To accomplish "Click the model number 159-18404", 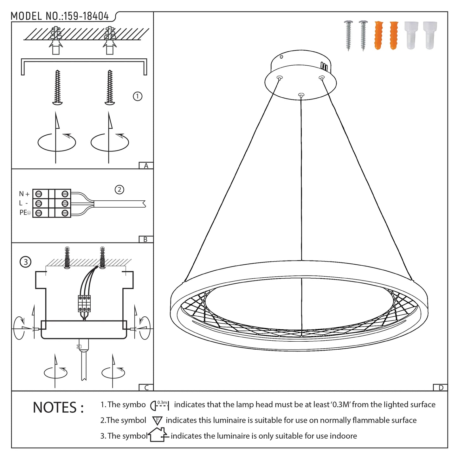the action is [x=86, y=16].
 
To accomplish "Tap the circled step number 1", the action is [x=137, y=96].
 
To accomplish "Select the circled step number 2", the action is [x=119, y=190].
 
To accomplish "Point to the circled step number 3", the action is [x=25, y=262].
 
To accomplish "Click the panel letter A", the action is [x=146, y=166].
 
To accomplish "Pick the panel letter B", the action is [x=145, y=240].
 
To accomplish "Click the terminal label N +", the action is [x=24, y=194].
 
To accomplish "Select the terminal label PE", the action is [x=23, y=212].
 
